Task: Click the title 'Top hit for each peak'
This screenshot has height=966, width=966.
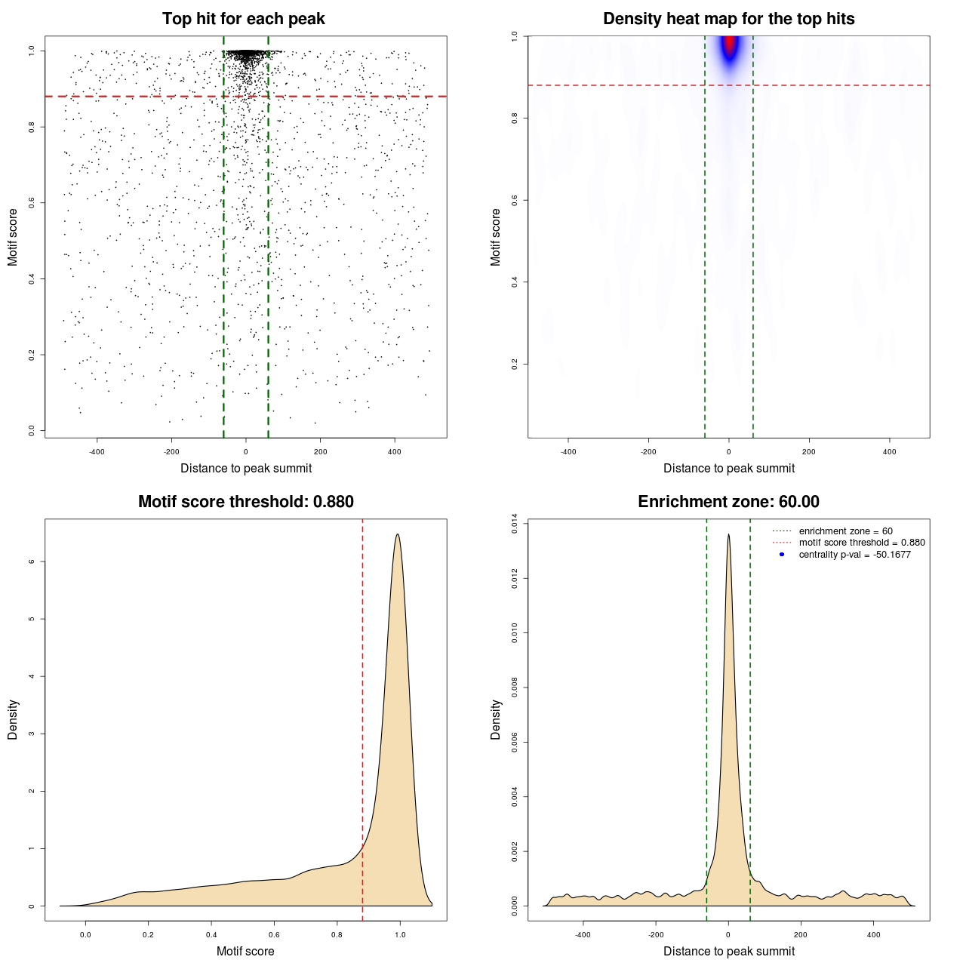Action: point(243,19)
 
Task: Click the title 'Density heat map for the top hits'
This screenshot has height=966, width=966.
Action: point(728,19)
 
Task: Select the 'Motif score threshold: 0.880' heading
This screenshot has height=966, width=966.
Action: point(245,502)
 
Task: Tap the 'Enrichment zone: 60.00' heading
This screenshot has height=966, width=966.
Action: point(728,502)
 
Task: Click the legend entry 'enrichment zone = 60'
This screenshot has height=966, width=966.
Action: point(845,531)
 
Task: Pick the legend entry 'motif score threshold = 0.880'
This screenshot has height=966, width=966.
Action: point(861,543)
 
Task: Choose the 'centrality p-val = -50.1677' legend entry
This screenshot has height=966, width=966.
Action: point(854,555)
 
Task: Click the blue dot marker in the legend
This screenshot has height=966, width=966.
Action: point(782,555)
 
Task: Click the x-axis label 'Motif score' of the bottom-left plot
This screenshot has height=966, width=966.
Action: point(245,951)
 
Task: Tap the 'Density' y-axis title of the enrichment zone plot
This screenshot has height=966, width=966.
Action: point(496,719)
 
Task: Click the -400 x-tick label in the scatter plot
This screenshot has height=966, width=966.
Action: point(97,452)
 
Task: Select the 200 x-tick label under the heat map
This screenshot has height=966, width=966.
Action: point(809,452)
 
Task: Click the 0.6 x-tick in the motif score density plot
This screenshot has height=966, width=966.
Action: point(274,934)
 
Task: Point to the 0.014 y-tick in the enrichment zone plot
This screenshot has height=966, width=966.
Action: point(515,524)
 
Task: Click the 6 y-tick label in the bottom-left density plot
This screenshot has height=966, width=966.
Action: point(32,561)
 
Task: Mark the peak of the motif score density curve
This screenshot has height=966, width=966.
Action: point(397,534)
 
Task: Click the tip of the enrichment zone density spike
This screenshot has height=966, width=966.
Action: point(728,534)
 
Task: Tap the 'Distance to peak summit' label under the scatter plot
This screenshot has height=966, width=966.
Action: point(246,468)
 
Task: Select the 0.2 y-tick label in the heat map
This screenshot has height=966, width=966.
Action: point(515,364)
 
